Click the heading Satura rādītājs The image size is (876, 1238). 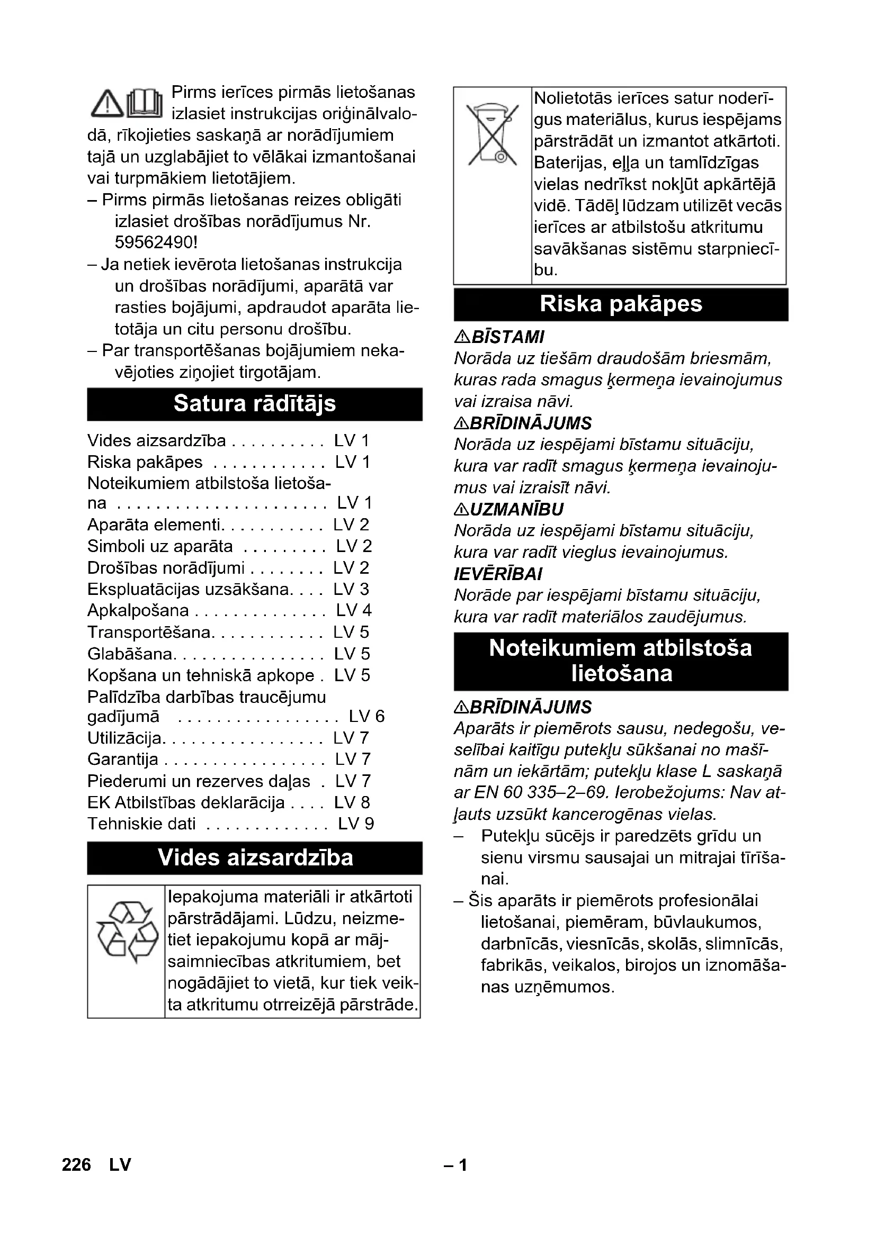click(255, 404)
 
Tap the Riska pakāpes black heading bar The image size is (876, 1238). click(621, 304)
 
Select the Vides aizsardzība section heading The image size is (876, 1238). click(255, 858)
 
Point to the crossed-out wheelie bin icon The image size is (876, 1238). click(492, 135)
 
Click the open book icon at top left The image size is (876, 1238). click(145, 103)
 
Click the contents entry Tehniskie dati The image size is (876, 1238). click(141, 824)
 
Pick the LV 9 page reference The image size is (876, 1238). click(356, 824)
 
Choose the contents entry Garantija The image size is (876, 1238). click(123, 758)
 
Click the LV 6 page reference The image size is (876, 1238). click(367, 716)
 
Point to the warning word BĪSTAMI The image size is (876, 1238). click(507, 337)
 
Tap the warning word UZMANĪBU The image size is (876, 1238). click(517, 510)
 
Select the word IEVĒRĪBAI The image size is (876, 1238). click(498, 574)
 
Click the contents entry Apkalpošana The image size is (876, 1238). click(138, 610)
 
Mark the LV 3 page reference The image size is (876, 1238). click(351, 589)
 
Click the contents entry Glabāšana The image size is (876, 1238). click(129, 654)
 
